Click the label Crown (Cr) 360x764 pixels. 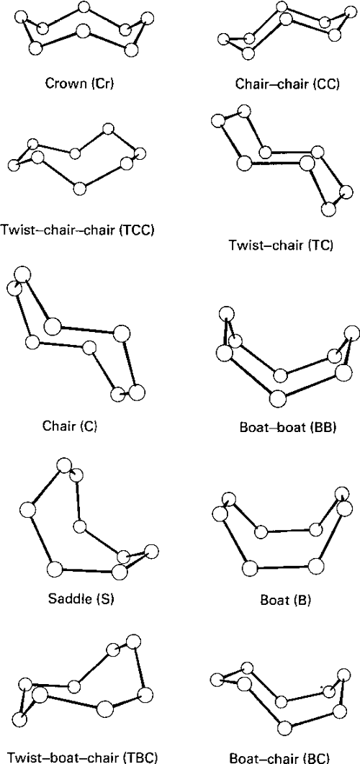pos(80,82)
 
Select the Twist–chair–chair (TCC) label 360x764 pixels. pos(78,230)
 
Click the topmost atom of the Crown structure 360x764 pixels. pos(84,8)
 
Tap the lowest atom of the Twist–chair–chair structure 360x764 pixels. pos(80,189)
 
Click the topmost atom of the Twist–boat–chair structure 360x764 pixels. pos(132,640)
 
